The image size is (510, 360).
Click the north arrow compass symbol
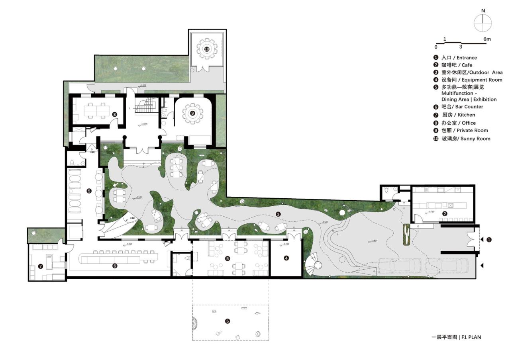[x=483, y=22]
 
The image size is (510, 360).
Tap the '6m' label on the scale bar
[x=487, y=39]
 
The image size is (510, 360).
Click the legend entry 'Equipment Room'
[x=466, y=80]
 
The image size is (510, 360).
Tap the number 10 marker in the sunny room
[x=206, y=49]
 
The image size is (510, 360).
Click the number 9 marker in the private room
[x=193, y=113]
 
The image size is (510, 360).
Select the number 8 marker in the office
[x=115, y=114]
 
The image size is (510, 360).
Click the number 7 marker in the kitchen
[x=40, y=266]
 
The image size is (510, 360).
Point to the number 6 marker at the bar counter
[x=115, y=266]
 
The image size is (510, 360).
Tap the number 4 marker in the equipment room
[x=286, y=258]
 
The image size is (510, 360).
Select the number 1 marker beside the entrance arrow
[x=489, y=240]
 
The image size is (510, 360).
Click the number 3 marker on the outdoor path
[x=278, y=214]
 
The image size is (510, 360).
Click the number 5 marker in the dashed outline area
[x=227, y=321]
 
